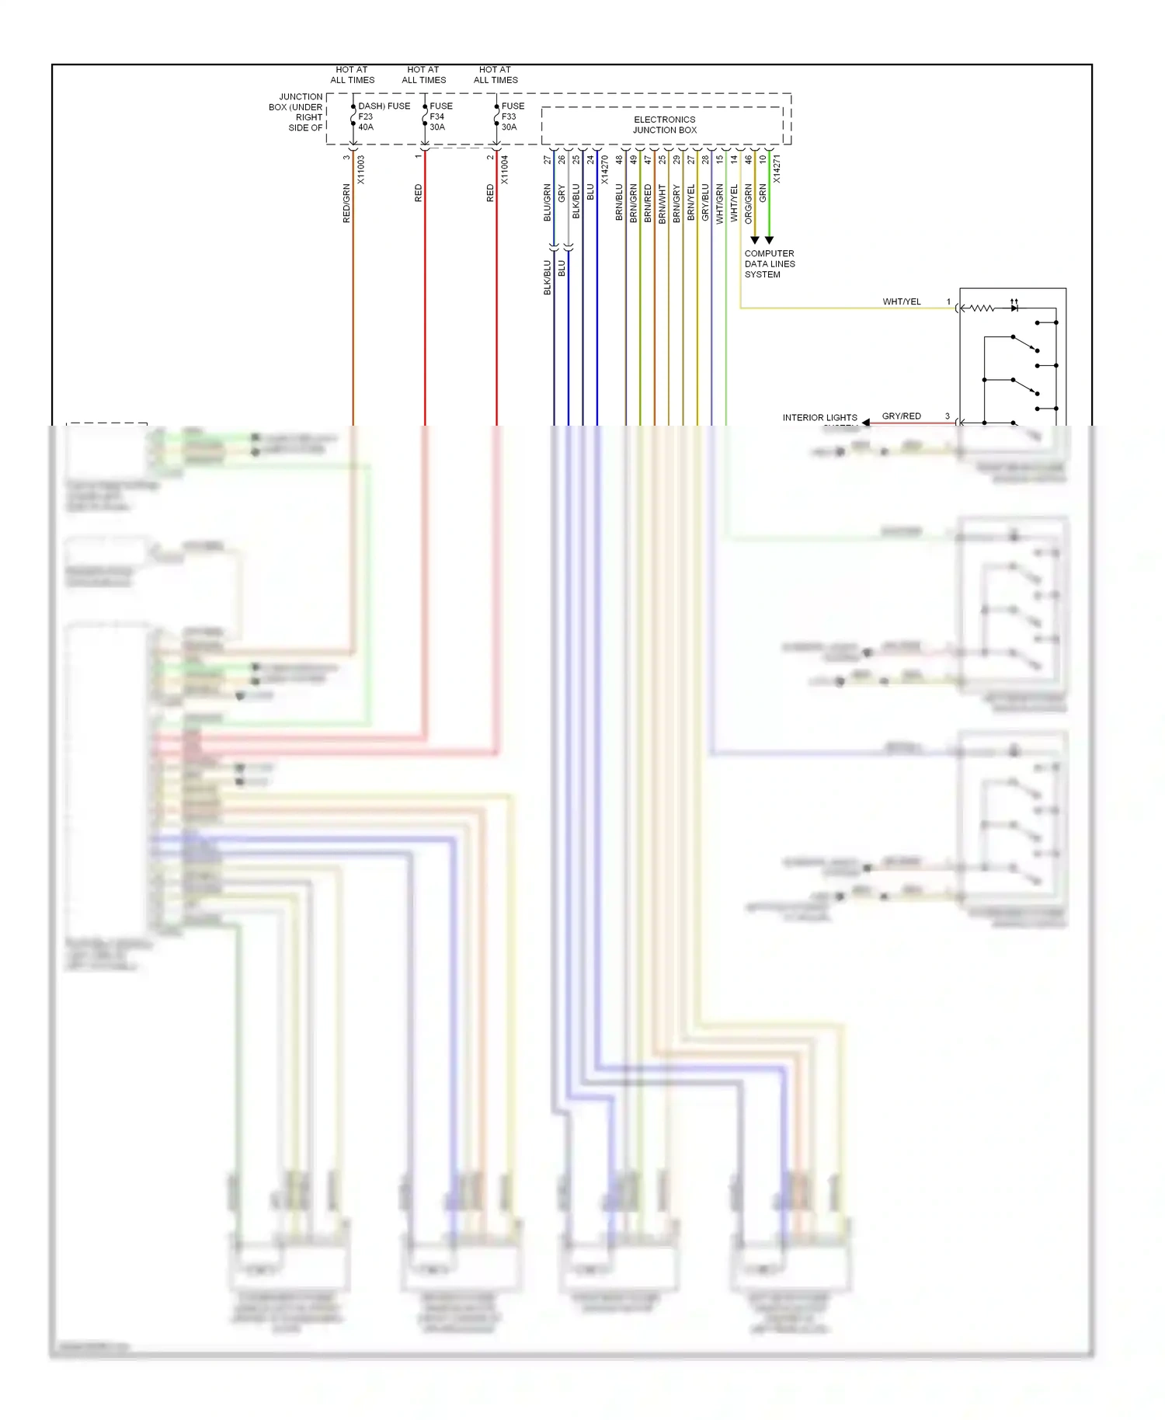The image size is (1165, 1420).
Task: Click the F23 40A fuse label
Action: coord(366,122)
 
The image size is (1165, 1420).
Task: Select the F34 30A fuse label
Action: coord(437,122)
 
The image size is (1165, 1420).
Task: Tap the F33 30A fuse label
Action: coord(509,122)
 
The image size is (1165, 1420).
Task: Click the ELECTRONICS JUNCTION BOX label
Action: coord(664,125)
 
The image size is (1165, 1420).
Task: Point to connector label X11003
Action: coord(360,169)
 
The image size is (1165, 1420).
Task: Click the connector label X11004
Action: coord(504,169)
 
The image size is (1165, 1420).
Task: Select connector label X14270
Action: coord(604,169)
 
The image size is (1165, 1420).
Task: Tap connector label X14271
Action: coord(777,169)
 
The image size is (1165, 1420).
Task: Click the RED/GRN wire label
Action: coord(346,204)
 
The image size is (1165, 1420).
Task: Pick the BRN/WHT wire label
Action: coord(662,204)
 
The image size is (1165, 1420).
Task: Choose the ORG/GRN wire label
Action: coord(748,204)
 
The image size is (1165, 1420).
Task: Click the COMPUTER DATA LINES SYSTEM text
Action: coord(769,264)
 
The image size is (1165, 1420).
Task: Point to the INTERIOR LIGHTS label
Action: coord(819,418)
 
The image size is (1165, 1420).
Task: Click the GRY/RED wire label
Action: coord(901,416)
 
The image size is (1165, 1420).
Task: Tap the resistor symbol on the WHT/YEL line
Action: coord(982,308)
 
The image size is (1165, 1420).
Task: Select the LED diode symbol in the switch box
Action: coord(1014,308)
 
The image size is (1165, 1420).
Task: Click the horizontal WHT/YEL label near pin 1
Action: coord(901,301)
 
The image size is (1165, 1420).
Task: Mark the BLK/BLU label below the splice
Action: coord(547,277)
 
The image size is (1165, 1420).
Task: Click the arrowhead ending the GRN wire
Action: coord(769,240)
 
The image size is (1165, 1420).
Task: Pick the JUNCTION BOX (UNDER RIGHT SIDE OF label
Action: coord(296,113)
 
